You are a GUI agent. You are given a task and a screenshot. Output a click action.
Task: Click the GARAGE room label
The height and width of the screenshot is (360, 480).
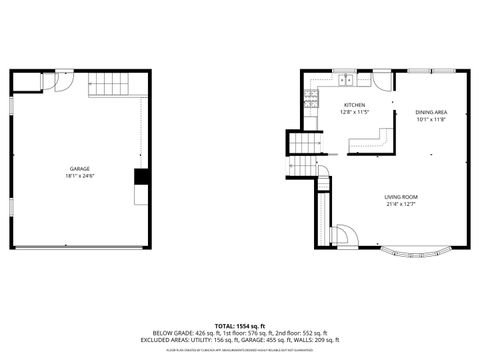[79, 168]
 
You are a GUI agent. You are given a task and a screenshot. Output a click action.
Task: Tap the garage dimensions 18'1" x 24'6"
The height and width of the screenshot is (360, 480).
[79, 176]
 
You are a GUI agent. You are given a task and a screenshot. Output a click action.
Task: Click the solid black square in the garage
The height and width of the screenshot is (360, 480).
[141, 176]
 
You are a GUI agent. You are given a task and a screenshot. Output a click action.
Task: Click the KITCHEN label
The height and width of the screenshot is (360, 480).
[355, 104]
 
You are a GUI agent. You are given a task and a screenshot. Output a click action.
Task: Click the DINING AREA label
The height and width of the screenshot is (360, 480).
[432, 112]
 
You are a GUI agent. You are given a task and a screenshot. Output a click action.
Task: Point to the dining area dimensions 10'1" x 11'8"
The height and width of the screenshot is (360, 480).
[432, 120]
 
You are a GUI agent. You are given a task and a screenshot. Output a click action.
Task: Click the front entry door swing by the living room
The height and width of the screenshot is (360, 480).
[342, 236]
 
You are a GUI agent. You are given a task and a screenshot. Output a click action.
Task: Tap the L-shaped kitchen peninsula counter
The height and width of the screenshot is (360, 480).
[372, 143]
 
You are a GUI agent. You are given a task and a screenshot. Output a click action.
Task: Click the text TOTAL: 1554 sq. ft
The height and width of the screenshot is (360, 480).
[239, 324]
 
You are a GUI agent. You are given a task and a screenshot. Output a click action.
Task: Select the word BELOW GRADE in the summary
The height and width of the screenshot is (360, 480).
[169, 332]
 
